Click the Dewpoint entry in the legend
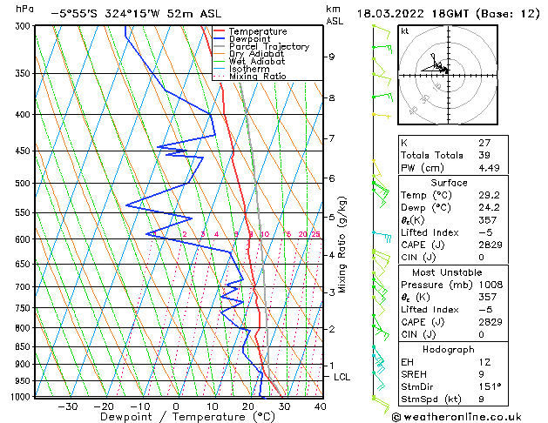(252, 39)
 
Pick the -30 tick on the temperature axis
(67, 406)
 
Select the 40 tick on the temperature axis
(321, 406)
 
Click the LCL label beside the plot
(342, 377)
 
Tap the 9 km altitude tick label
(331, 57)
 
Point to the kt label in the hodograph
(404, 30)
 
